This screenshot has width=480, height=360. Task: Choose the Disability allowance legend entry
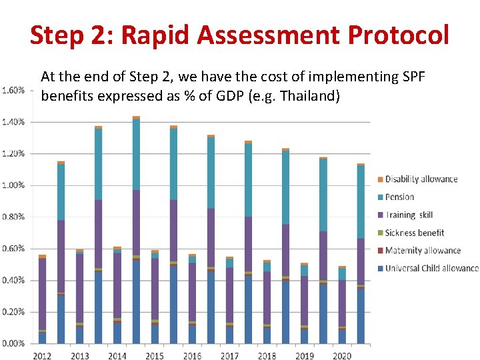pos(421,179)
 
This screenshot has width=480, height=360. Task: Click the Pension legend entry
pos(399,197)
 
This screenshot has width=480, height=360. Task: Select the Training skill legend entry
pos(409,215)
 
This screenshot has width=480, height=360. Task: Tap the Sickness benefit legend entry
pos(414,233)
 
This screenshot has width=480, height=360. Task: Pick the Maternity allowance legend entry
pos(423,251)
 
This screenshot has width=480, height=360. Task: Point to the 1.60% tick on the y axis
pos(13,90)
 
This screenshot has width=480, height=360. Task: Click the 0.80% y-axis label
pos(13,217)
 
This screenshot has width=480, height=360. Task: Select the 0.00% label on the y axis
pos(13,343)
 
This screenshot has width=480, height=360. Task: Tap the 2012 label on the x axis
pos(43,356)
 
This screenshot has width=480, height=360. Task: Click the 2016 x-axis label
pos(192,356)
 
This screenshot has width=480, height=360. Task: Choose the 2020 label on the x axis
pos(341,356)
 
